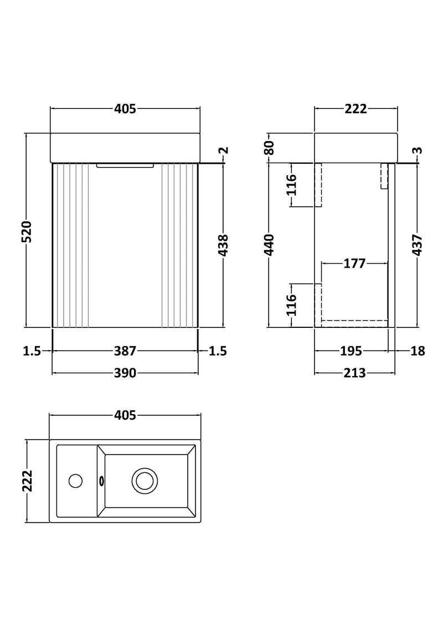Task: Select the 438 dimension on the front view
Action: click(x=223, y=246)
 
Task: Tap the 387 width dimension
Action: click(x=126, y=351)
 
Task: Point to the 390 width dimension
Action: click(x=126, y=373)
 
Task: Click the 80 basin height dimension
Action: click(x=270, y=148)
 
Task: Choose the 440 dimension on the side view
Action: click(x=270, y=246)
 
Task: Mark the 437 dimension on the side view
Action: click(x=418, y=246)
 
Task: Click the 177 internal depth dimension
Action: click(x=354, y=263)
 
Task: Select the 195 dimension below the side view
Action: click(x=351, y=351)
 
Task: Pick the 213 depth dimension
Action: click(x=355, y=373)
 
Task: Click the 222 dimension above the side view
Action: click(x=356, y=109)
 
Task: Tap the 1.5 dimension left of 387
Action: click(x=33, y=351)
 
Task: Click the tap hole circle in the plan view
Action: click(x=75, y=480)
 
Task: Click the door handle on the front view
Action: click(x=125, y=165)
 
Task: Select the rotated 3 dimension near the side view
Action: click(x=418, y=150)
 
